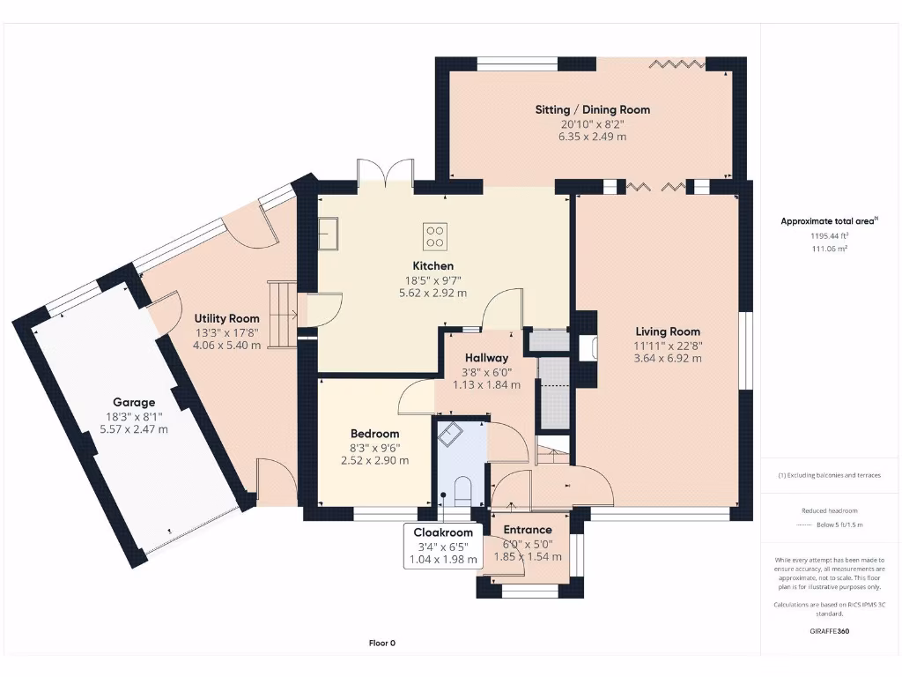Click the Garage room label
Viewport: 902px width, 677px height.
coord(134,402)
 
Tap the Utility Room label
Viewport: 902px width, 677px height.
coord(226,318)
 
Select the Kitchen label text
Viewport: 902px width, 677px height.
coord(433,266)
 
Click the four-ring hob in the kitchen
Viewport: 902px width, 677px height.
coord(435,236)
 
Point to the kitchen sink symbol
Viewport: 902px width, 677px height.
coord(328,233)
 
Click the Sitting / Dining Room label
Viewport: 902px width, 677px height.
coord(593,110)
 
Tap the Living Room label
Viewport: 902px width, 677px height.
coord(668,331)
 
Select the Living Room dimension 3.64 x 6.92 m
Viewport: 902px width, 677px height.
coord(668,358)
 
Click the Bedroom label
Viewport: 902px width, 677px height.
coord(375,434)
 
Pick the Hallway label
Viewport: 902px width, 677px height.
coord(486,358)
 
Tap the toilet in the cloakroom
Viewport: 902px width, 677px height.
coord(462,490)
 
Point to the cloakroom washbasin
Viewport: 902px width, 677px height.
coord(450,434)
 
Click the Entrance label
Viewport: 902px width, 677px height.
coord(528,530)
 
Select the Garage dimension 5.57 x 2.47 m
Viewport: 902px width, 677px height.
coord(134,429)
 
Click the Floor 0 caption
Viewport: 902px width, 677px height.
coord(382,643)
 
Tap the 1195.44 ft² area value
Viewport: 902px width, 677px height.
coord(829,236)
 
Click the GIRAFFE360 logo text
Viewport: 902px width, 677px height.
coord(830,631)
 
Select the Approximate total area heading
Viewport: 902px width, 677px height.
coord(829,220)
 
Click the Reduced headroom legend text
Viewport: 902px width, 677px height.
coord(830,510)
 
